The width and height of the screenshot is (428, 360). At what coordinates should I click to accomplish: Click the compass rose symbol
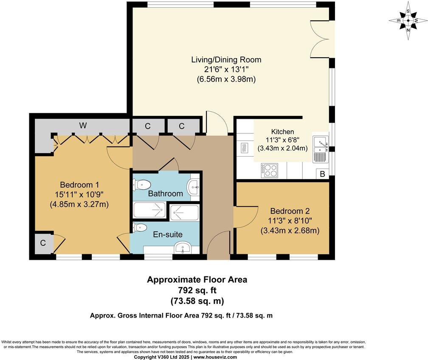[x=408, y=21]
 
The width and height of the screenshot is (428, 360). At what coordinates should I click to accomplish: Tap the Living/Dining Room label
[x=226, y=59]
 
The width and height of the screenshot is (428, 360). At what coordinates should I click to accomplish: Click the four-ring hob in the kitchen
[x=269, y=170]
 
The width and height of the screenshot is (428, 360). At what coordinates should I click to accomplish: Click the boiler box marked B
[x=323, y=174]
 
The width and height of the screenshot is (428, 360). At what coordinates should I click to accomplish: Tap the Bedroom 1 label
[x=79, y=185]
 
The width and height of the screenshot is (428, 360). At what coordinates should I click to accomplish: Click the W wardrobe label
[x=82, y=126]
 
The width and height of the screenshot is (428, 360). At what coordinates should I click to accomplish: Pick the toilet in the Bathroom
[x=142, y=185]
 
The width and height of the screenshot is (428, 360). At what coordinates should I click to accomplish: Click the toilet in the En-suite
[x=141, y=228]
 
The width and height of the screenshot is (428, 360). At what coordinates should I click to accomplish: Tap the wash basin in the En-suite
[x=184, y=247]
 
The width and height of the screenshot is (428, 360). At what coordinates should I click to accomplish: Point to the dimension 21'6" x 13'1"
[x=226, y=69]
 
